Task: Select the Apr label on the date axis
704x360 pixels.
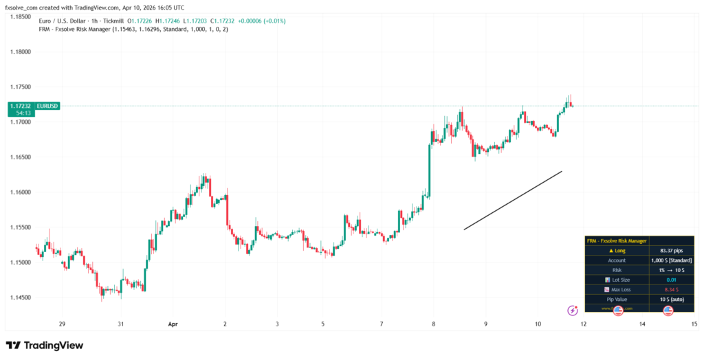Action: (172, 324)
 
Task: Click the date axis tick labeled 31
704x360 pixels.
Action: (120, 324)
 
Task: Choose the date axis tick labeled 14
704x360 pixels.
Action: (641, 324)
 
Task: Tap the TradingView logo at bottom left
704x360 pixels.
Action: (44, 345)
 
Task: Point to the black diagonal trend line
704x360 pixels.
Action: (513, 200)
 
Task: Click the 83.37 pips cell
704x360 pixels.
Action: (671, 251)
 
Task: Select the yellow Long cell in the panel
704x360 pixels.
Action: (617, 251)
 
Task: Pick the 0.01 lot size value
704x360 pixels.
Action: (671, 280)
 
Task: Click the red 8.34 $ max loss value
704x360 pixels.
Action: (671, 289)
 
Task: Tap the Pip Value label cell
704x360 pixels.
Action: (617, 299)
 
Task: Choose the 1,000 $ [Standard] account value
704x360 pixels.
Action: (671, 260)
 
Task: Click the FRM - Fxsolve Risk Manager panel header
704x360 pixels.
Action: (617, 241)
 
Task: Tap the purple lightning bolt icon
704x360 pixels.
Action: (572, 311)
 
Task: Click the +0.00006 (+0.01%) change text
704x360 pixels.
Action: (261, 21)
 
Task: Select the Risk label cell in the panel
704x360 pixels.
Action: (617, 270)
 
